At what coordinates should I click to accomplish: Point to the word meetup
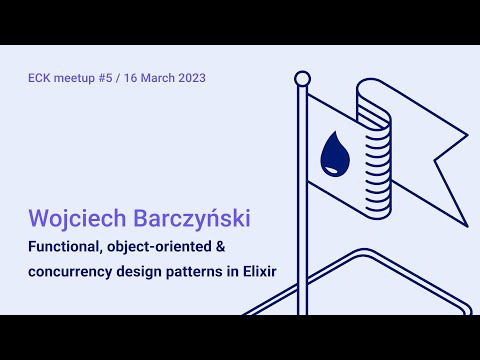[x=78, y=78]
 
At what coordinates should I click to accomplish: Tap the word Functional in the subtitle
[x=65, y=247]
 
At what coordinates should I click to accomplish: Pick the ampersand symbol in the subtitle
[x=220, y=247]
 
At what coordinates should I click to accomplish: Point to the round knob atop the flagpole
[x=302, y=78]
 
